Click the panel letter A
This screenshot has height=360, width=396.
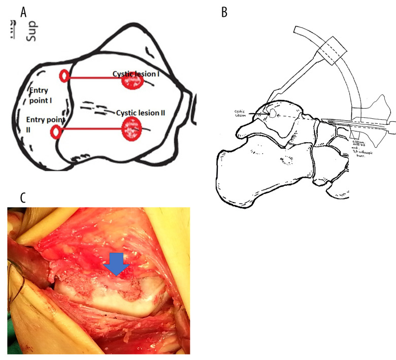tap(23, 12)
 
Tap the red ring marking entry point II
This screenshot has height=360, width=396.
tap(56, 133)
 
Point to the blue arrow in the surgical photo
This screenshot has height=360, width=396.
tap(116, 264)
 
